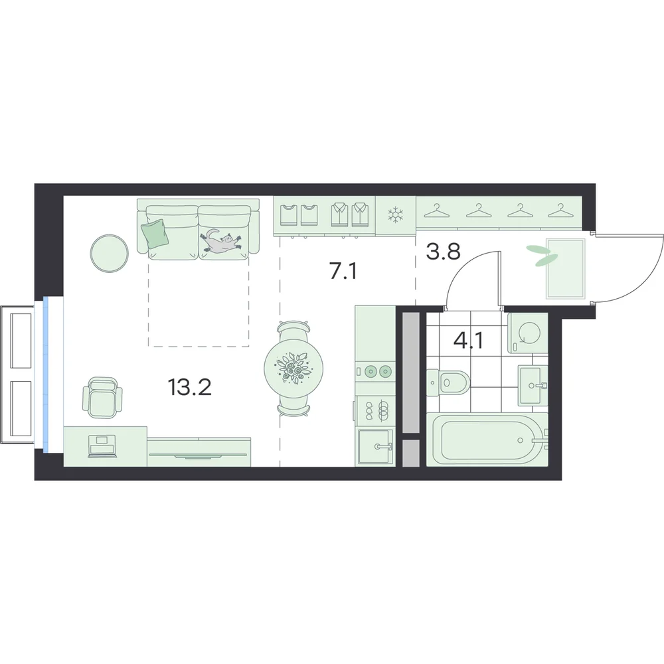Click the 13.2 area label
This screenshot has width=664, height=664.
coord(189,387)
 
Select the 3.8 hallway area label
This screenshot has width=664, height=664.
coord(443,252)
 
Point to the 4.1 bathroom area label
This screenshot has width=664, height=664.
coord(468,341)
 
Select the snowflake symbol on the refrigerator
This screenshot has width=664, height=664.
coord(396,214)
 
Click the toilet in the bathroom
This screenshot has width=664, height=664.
coord(448,383)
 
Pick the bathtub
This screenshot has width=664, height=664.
coord(487,440)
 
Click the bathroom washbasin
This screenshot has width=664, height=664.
coord(533,385)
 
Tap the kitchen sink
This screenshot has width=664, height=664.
coord(375,447)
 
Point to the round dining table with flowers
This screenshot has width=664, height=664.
coord(293,367)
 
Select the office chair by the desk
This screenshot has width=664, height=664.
coord(102,398)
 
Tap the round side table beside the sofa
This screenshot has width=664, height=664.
coord(109,253)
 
